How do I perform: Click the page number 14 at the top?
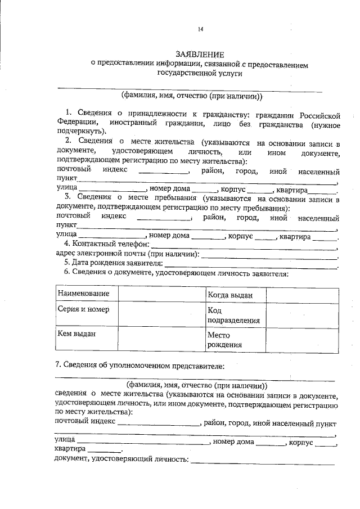tap(200, 29)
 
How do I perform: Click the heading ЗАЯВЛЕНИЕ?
tap(200, 55)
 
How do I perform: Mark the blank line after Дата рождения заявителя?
tap(251, 264)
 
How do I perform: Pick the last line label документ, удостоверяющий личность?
tap(121, 460)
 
